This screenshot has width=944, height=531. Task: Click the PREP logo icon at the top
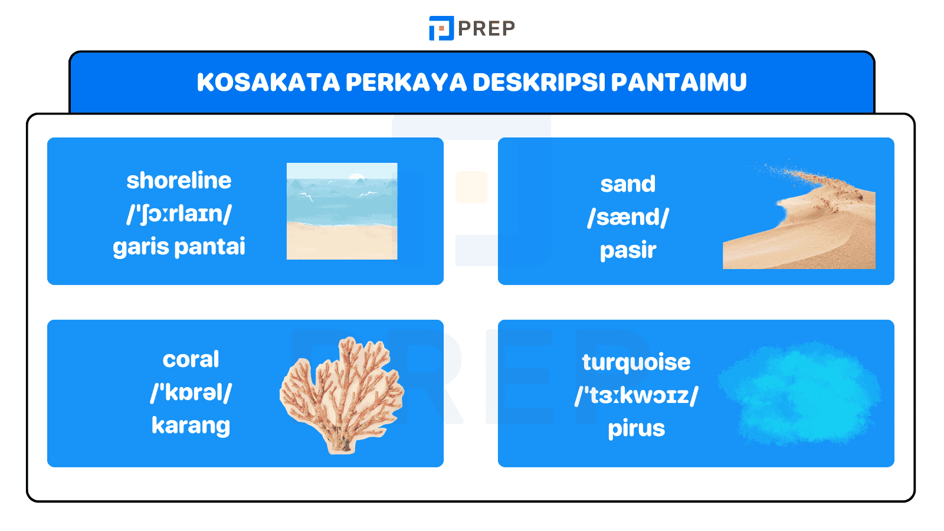[441, 28]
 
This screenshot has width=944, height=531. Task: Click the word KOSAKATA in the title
[268, 83]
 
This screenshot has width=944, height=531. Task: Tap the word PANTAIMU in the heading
[678, 83]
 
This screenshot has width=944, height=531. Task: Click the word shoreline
[179, 181]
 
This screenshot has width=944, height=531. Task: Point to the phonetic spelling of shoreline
[179, 214]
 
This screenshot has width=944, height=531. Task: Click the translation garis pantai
[179, 247]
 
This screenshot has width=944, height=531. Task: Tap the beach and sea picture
[342, 211]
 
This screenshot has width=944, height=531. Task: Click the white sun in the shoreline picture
[356, 176]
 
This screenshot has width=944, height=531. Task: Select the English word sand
[628, 184]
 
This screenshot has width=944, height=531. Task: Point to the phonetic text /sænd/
[628, 217]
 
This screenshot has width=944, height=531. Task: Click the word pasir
[628, 250]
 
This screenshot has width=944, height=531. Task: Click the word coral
[191, 359]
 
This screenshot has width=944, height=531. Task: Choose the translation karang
[191, 425]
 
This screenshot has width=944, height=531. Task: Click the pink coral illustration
[342, 392]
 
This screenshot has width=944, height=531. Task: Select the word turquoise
[636, 362]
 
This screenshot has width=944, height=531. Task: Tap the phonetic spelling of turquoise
[636, 395]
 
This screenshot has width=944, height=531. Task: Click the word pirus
[636, 428]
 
